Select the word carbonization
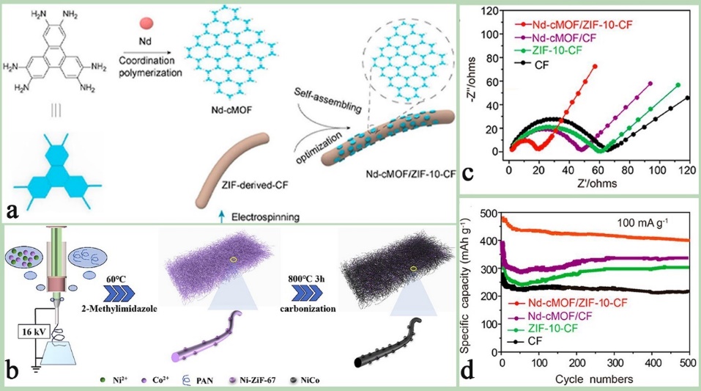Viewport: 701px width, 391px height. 306,310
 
